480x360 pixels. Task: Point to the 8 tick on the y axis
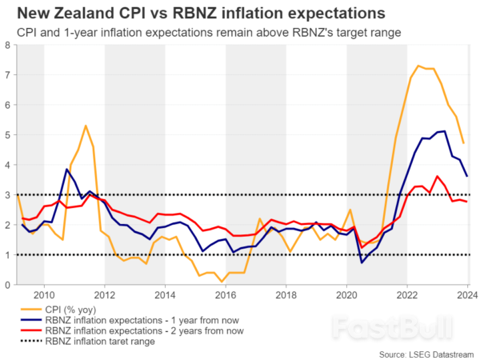[x=8, y=45]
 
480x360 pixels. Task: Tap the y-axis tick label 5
[x=8, y=134]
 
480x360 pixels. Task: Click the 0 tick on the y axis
[x=8, y=285]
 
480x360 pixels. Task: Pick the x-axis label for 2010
[x=43, y=294]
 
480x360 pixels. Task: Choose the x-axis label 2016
[x=226, y=294]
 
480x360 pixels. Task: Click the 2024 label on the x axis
[x=466, y=294]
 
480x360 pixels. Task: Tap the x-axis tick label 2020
[x=347, y=294]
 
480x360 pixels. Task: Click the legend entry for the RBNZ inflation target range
[x=111, y=342]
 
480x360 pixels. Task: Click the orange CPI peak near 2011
[x=86, y=126]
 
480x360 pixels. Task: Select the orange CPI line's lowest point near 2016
[x=222, y=281]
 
